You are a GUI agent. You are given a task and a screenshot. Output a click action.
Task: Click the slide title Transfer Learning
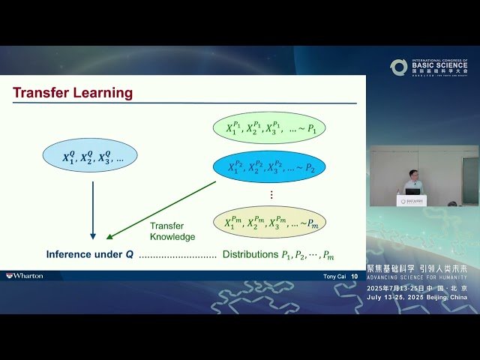(x=73, y=93)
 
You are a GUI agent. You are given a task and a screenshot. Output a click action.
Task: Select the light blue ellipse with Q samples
(x=89, y=155)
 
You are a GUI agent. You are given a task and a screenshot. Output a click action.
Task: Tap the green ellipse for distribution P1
(x=269, y=127)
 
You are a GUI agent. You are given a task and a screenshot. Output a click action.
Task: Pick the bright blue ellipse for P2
(x=269, y=166)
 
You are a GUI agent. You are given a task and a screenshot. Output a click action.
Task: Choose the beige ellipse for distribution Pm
(x=269, y=222)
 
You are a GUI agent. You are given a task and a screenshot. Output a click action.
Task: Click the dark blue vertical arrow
(x=93, y=210)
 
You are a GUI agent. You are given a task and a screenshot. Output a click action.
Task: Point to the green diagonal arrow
(x=161, y=209)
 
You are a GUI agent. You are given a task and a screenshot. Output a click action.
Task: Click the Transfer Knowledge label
(x=172, y=231)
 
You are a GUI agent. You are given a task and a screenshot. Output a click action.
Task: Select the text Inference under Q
(x=90, y=254)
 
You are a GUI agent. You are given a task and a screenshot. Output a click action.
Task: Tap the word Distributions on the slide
(x=250, y=254)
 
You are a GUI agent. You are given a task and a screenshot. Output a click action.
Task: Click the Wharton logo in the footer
(x=25, y=276)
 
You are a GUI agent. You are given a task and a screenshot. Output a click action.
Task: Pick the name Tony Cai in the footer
(x=334, y=276)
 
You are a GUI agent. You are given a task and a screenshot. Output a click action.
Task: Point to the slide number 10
(x=354, y=276)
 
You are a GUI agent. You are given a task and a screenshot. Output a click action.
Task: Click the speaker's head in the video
(x=411, y=175)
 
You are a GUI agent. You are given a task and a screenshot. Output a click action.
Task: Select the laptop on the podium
(x=412, y=191)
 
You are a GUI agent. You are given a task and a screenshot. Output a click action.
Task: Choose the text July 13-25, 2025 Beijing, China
(x=417, y=297)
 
